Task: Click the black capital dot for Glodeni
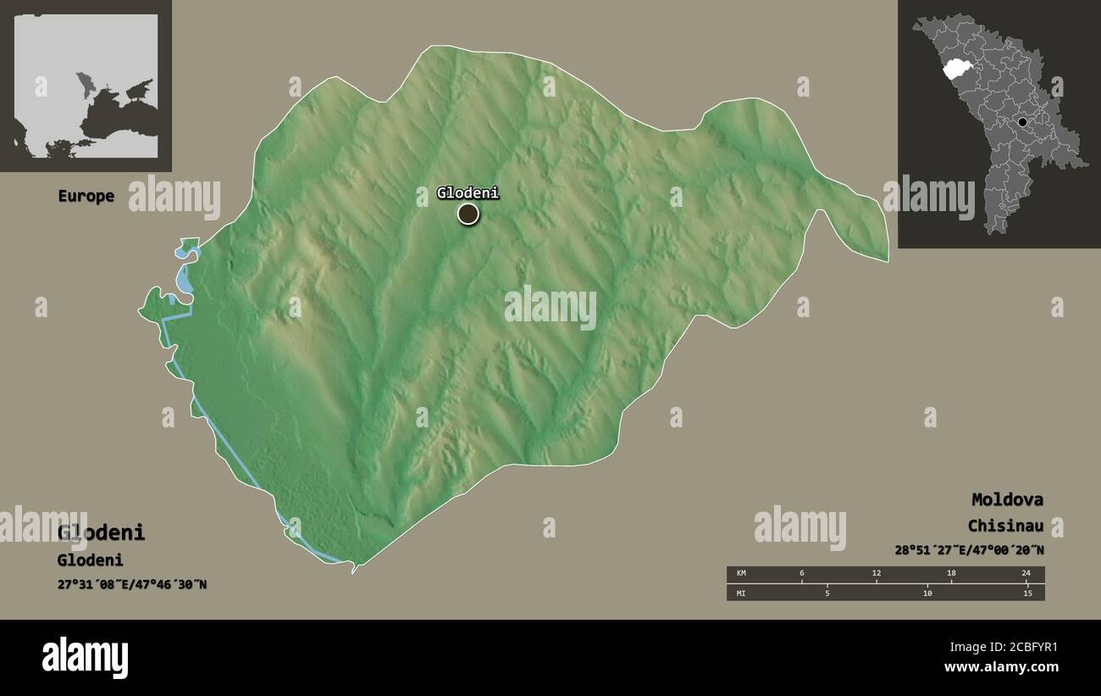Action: pyautogui.click(x=468, y=214)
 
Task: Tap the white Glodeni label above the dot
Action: pyautogui.click(x=468, y=193)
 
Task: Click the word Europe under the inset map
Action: pyautogui.click(x=86, y=196)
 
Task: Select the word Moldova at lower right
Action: pyautogui.click(x=1007, y=499)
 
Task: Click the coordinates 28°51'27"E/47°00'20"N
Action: pyautogui.click(x=969, y=550)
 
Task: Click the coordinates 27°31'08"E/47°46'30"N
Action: pyautogui.click(x=131, y=584)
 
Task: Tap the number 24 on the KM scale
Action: pyautogui.click(x=1026, y=574)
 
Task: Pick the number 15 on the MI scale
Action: pyautogui.click(x=1027, y=593)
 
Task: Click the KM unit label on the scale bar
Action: pyautogui.click(x=741, y=574)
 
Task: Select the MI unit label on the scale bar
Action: pyautogui.click(x=741, y=593)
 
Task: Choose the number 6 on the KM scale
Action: pyautogui.click(x=802, y=574)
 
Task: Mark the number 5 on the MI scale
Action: pyautogui.click(x=827, y=593)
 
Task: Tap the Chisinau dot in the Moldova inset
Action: pyautogui.click(x=1022, y=122)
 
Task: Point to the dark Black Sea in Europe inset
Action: pyautogui.click(x=119, y=114)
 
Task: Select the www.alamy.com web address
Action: pyautogui.click(x=1000, y=667)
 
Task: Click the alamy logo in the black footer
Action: pyautogui.click(x=85, y=658)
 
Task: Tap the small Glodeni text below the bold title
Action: pyautogui.click(x=90, y=560)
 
